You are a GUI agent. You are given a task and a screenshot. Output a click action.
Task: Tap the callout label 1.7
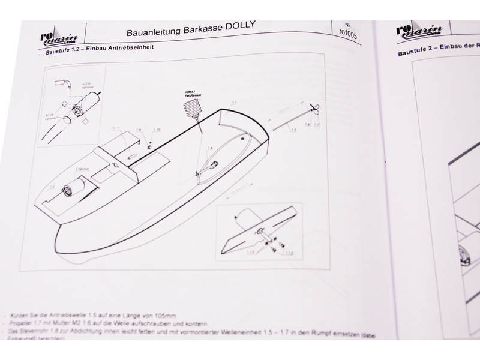point(316,125)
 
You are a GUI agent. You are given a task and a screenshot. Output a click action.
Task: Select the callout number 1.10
point(157,130)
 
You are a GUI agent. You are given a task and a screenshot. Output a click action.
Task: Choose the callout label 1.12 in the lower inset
point(289,253)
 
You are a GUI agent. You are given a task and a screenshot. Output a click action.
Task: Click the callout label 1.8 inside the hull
point(210,148)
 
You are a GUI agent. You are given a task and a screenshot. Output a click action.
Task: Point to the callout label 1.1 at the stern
point(235,104)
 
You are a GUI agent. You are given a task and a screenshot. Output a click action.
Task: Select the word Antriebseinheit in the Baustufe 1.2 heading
point(132,48)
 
